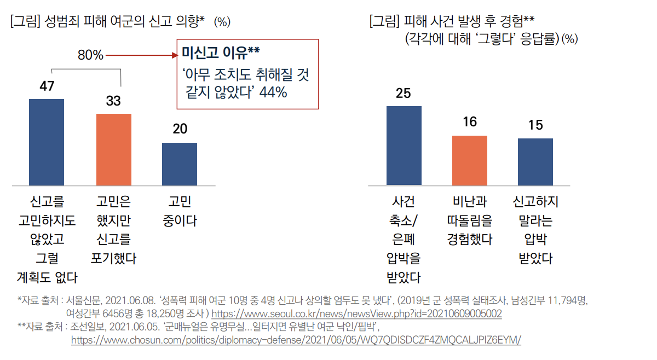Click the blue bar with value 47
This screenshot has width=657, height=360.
pyautogui.click(x=47, y=142)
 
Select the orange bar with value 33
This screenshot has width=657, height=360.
pyautogui.click(x=114, y=149)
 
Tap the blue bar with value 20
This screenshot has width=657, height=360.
pyautogui.click(x=180, y=164)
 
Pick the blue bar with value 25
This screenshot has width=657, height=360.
pyautogui.click(x=404, y=146)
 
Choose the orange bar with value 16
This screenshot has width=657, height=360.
pyautogui.click(x=470, y=160)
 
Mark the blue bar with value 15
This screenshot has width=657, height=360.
pyautogui.click(x=535, y=162)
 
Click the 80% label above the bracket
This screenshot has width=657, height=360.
pyautogui.click(x=90, y=55)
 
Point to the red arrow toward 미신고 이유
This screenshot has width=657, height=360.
pyautogui.click(x=142, y=55)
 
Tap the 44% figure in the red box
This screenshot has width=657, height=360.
pyautogui.click(x=274, y=92)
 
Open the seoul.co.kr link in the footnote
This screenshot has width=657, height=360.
pyautogui.click(x=356, y=314)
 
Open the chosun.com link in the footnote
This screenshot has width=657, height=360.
pyautogui.click(x=296, y=340)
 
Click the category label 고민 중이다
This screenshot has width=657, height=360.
pyautogui.click(x=180, y=211)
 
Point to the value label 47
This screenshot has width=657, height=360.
pyautogui.click(x=47, y=86)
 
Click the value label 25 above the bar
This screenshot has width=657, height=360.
pyautogui.click(x=404, y=94)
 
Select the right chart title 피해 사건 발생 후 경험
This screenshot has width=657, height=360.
pyautogui.click(x=461, y=21)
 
